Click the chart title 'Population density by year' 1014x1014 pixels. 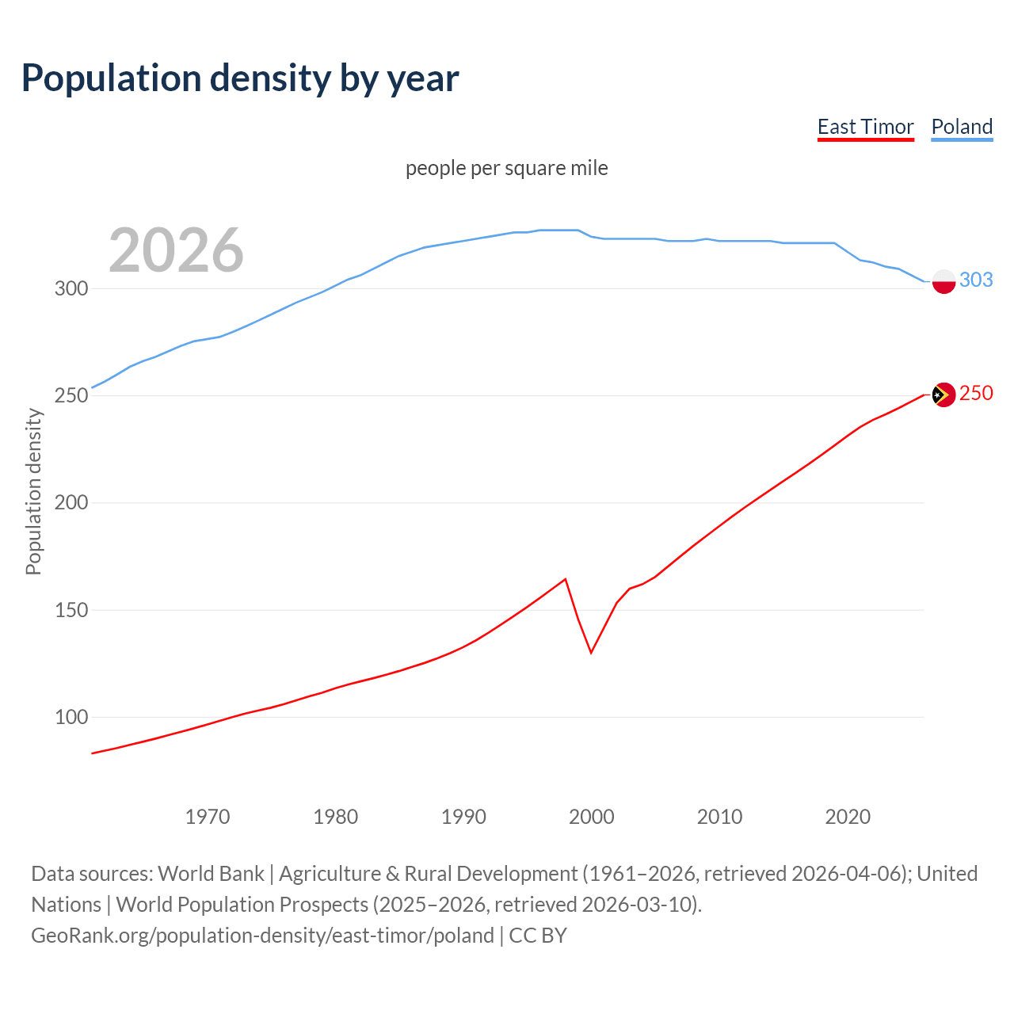pyautogui.click(x=240, y=78)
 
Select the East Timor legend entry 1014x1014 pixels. pyautogui.click(x=865, y=127)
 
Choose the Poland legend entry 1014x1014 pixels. pyautogui.click(x=962, y=127)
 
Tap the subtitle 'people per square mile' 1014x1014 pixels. pyautogui.click(x=506, y=168)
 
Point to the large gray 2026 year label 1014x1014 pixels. pyautogui.click(x=176, y=250)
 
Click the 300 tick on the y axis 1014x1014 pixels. pyautogui.click(x=71, y=288)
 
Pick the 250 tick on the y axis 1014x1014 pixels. pyautogui.click(x=71, y=395)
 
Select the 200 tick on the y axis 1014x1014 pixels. pyautogui.click(x=71, y=503)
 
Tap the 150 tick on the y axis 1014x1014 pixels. pyautogui.click(x=71, y=610)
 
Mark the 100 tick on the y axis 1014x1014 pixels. pyautogui.click(x=71, y=717)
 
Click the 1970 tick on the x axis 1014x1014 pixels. pyautogui.click(x=208, y=817)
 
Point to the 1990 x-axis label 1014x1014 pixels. pyautogui.click(x=463, y=817)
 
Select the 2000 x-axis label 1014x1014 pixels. pyautogui.click(x=592, y=817)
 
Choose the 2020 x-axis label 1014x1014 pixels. pyautogui.click(x=848, y=817)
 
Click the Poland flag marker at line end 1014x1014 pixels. pyautogui.click(x=943, y=281)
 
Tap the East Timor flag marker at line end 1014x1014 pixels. pyautogui.click(x=943, y=395)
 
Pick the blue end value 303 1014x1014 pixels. pyautogui.click(x=976, y=280)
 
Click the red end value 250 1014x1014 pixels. pyautogui.click(x=976, y=394)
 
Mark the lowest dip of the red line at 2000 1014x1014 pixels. pyautogui.click(x=591, y=653)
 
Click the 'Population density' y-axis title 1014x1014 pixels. pyautogui.click(x=33, y=491)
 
